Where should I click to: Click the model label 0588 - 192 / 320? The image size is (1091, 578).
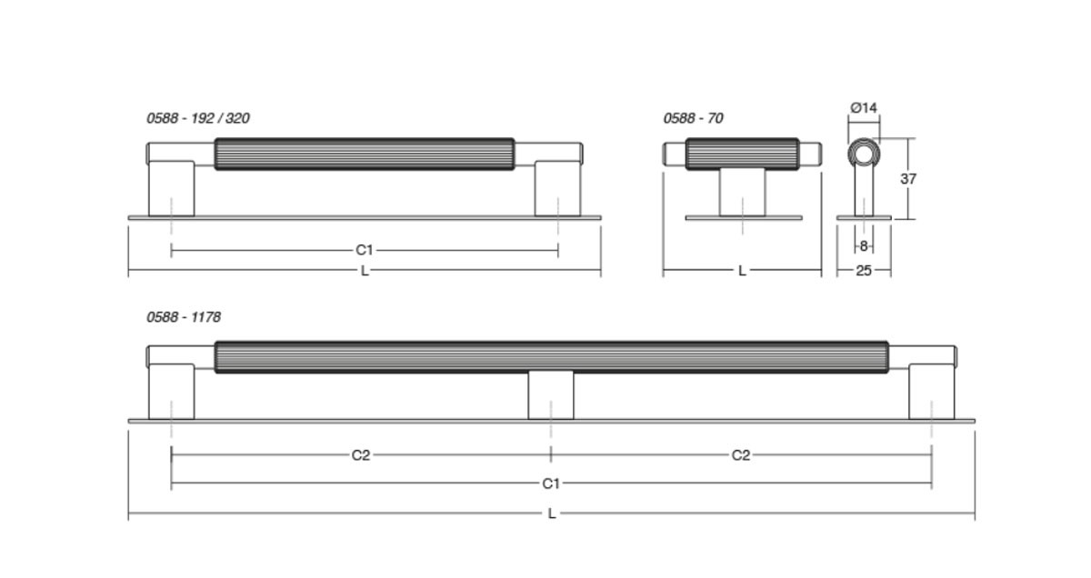[198, 118]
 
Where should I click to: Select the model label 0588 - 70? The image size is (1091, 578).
[693, 118]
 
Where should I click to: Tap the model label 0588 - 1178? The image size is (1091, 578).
[184, 317]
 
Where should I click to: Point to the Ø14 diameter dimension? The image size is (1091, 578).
[864, 107]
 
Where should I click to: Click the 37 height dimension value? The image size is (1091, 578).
[908, 179]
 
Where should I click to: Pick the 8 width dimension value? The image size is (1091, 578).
[864, 246]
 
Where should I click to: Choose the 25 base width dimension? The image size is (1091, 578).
[864, 271]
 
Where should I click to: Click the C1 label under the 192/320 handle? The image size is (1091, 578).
[365, 250]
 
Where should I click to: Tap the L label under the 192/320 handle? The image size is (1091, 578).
[365, 271]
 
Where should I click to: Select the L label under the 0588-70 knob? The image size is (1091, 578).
[742, 271]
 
